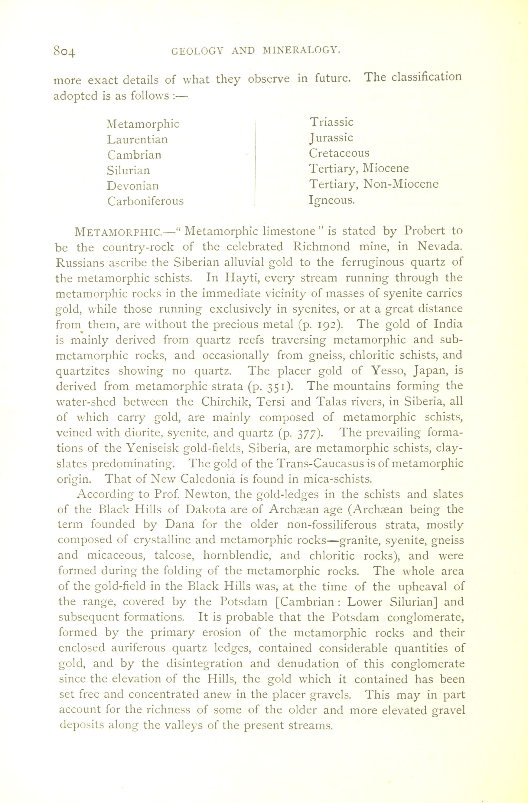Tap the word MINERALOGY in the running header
click(301, 51)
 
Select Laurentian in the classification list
click(137, 139)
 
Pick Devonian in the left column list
click(132, 186)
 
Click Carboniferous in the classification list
click(145, 201)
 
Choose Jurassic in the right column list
click(331, 138)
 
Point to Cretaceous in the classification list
click(339, 153)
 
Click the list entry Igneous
click(331, 200)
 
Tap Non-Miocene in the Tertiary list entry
click(401, 184)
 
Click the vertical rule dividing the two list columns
click(256, 162)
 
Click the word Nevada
click(439, 247)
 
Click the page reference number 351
click(277, 387)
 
